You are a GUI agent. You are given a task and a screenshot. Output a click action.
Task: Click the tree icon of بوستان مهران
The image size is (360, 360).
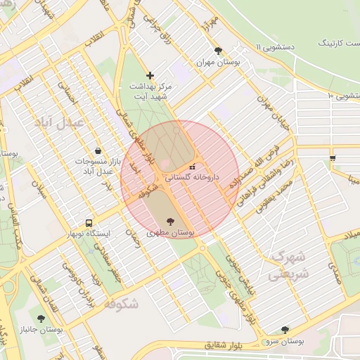(218, 51)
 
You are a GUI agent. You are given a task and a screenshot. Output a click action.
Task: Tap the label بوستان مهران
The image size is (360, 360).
(218, 62)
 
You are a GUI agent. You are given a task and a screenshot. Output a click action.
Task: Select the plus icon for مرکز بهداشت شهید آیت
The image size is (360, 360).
(150, 75)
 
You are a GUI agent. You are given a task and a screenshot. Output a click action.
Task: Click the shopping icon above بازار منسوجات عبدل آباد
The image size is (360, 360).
(97, 150)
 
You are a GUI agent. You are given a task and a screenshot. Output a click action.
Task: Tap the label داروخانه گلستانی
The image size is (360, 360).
(193, 178)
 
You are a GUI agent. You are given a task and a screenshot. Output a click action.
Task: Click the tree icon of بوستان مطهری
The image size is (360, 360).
(172, 221)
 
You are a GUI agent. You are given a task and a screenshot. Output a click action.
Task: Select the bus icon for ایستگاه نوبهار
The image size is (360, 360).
(89, 222)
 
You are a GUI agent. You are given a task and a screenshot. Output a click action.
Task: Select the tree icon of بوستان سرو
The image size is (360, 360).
(285, 329)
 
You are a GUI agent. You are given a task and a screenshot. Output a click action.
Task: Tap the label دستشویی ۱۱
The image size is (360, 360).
(282, 46)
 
